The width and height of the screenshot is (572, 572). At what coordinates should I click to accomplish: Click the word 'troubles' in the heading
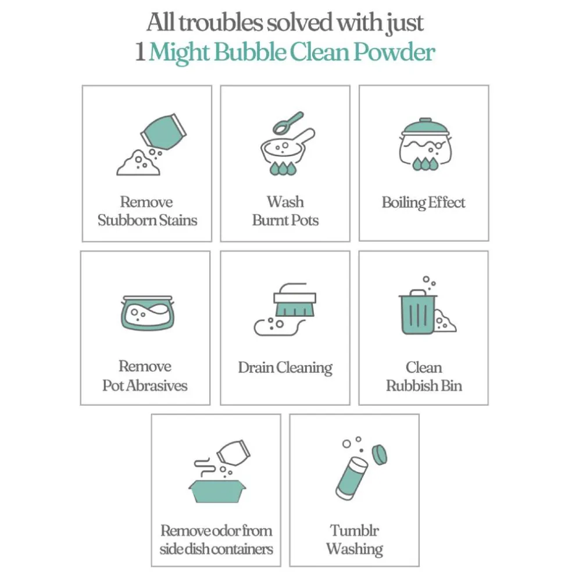click(220, 23)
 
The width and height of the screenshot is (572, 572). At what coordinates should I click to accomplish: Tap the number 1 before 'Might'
click(140, 52)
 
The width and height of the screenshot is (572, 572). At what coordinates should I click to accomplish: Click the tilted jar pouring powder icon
click(163, 132)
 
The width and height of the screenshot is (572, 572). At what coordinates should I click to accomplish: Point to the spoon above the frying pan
click(288, 123)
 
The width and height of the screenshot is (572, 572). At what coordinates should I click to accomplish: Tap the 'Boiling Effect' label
click(424, 202)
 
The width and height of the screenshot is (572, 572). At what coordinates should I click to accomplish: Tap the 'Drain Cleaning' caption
click(285, 368)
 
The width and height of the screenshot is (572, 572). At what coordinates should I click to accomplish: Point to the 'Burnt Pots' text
click(285, 220)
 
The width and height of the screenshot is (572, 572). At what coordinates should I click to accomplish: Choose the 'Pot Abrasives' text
click(145, 385)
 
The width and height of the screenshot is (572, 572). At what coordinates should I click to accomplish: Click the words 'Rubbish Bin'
click(424, 385)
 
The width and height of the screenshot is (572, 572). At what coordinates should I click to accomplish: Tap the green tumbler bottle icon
click(352, 478)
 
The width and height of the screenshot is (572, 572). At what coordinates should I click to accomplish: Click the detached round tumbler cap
click(380, 455)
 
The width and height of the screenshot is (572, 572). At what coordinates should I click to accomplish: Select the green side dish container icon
click(217, 491)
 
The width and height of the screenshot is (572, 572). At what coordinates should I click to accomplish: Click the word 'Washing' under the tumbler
click(355, 549)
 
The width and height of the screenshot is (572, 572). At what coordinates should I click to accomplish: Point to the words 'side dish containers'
click(216, 549)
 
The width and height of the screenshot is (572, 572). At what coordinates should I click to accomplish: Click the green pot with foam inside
click(148, 313)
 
